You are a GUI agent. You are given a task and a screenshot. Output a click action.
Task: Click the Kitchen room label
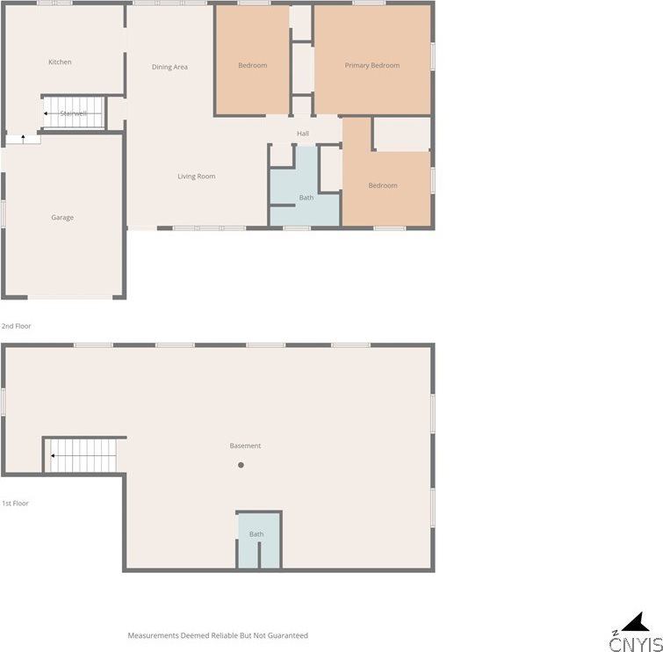(60, 62)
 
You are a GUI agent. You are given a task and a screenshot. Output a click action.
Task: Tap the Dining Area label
(169, 67)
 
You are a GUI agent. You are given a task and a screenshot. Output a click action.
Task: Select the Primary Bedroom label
(372, 66)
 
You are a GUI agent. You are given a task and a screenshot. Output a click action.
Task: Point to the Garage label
(62, 217)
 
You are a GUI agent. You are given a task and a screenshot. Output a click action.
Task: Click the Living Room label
(196, 177)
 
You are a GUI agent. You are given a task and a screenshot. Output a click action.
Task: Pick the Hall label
(303, 134)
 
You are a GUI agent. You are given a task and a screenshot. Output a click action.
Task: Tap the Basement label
(245, 446)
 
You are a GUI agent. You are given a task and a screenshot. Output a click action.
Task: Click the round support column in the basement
(241, 465)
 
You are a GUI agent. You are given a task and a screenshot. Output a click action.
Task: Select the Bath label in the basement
(256, 534)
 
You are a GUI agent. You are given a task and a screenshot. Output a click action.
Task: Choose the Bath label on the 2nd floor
(306, 198)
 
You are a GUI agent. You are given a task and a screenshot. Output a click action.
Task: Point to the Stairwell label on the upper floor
(74, 113)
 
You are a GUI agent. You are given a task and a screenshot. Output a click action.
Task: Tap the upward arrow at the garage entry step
(23, 139)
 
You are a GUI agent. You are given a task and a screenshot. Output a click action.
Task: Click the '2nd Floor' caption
(16, 326)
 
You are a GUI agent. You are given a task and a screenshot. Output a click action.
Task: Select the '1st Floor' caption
(15, 503)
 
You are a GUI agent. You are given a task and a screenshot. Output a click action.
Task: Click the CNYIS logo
(636, 644)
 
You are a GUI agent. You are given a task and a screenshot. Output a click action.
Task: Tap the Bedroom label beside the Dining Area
(252, 66)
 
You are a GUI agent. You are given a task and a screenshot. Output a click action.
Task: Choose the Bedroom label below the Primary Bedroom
(383, 185)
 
